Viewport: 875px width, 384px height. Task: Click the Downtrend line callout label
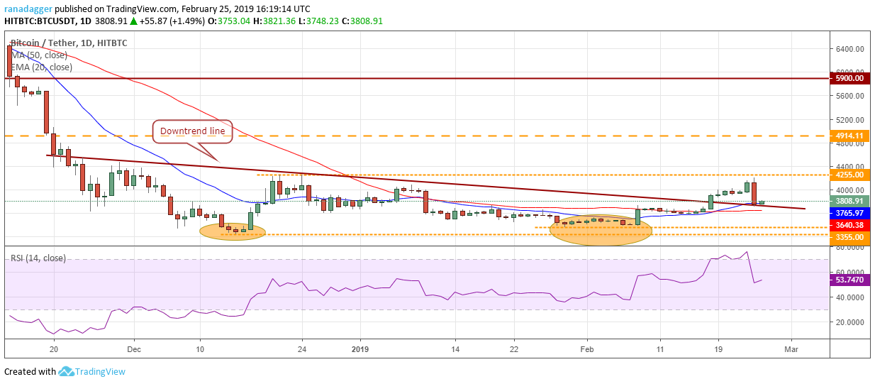193,131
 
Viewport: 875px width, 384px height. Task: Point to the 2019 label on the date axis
360,349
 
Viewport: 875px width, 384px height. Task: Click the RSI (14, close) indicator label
38,258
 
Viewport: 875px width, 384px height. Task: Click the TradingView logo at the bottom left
92,371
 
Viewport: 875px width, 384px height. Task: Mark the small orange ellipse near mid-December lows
233,231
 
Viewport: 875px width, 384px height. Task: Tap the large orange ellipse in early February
600,229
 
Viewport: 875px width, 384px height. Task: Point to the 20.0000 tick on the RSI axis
850,322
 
